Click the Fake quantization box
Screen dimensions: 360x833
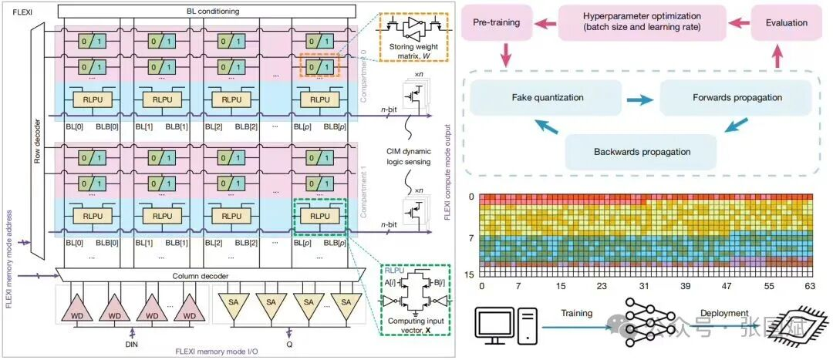(547, 99)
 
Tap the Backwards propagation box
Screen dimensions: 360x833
(642, 151)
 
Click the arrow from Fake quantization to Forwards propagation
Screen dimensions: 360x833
(639, 99)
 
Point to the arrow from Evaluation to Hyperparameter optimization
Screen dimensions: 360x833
(738, 22)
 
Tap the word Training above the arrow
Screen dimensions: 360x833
(572, 313)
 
